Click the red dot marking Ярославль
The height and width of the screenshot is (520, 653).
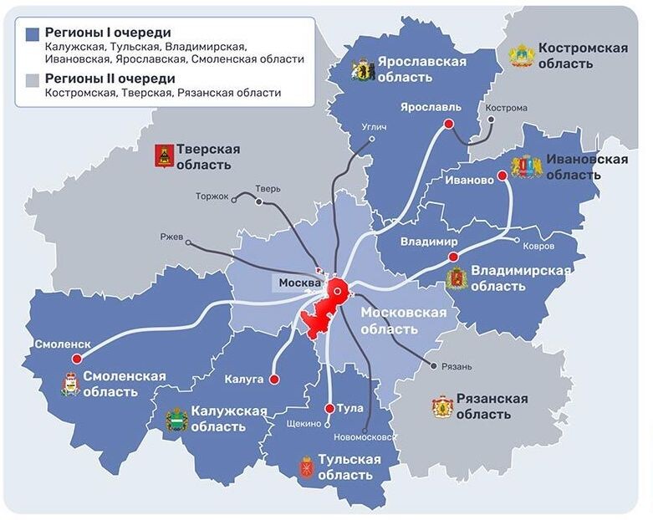(x=448, y=123)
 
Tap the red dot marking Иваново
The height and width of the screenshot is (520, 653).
(x=502, y=176)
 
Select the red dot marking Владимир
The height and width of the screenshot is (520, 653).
(x=452, y=257)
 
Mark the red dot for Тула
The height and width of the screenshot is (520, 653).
(x=329, y=408)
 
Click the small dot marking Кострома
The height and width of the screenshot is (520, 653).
(x=491, y=120)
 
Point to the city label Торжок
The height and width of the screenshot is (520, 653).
(x=212, y=196)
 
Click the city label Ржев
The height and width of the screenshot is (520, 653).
(x=171, y=237)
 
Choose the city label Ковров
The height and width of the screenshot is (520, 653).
(x=537, y=247)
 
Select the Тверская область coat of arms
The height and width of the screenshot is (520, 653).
(x=164, y=155)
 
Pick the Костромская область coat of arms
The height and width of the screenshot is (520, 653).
(x=521, y=55)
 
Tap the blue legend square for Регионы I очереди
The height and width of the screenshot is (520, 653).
(x=33, y=33)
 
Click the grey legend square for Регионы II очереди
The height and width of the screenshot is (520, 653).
(x=33, y=79)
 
